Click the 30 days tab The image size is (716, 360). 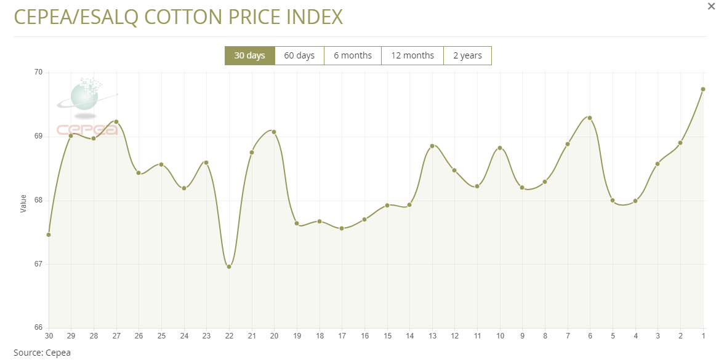[x=249, y=55]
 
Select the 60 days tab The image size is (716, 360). [x=299, y=55]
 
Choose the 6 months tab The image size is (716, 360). [x=353, y=55]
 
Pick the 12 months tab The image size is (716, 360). [x=412, y=55]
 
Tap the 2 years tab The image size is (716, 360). [x=467, y=55]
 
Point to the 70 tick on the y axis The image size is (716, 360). [x=38, y=73]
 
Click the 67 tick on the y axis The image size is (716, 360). [x=38, y=264]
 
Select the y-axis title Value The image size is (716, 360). [x=23, y=204]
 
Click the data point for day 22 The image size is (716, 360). [x=229, y=266]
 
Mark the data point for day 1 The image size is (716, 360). [x=703, y=89]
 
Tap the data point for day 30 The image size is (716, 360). [x=49, y=234]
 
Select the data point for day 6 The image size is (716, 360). [x=590, y=118]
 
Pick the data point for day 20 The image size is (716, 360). [x=274, y=132]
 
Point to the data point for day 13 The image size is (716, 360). [x=432, y=146]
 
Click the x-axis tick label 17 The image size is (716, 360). [x=342, y=335]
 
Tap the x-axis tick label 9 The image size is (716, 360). [x=522, y=335]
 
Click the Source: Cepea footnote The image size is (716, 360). [x=42, y=353]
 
